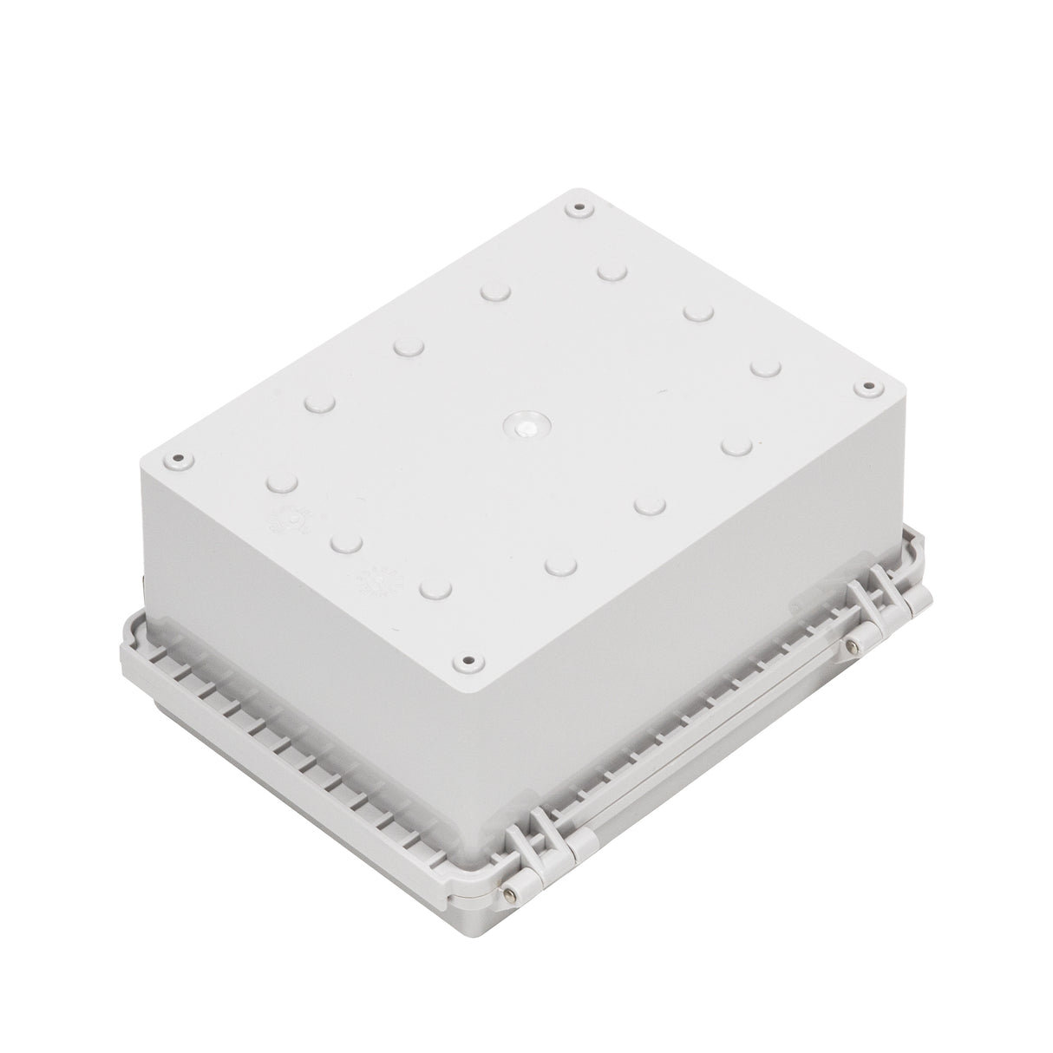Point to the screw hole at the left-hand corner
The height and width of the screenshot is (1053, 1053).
178,459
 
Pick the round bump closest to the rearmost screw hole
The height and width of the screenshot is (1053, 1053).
612,271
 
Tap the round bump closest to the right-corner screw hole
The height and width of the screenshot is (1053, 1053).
764,369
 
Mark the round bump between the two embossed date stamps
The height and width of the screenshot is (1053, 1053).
345,542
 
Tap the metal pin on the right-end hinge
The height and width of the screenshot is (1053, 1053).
854,644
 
